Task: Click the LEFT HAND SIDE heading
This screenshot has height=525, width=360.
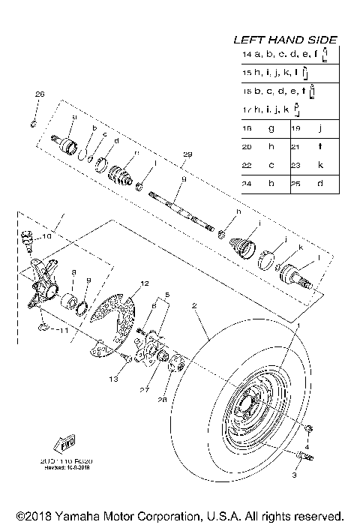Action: [285, 39]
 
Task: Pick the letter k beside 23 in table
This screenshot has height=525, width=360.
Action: [320, 165]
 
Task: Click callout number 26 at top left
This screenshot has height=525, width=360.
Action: [40, 94]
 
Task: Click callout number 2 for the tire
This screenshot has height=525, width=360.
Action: [194, 306]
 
